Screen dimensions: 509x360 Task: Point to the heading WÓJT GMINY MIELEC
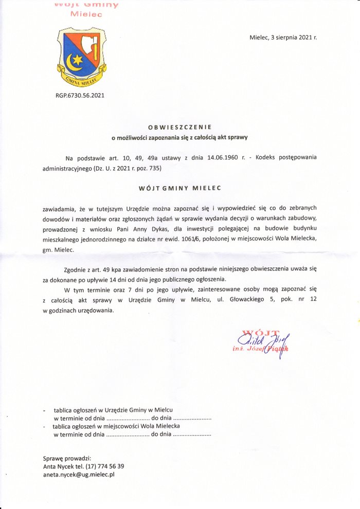pyautogui.click(x=180, y=188)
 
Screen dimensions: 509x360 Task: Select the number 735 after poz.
pyautogui.click(x=161, y=168)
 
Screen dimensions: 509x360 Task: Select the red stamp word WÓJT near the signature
pyautogui.click(x=263, y=332)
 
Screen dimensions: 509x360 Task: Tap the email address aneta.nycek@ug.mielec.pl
pyautogui.click(x=79, y=475)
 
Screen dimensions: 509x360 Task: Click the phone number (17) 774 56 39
pyautogui.click(x=106, y=466)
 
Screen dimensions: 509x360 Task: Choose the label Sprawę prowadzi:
pyautogui.click(x=67, y=458)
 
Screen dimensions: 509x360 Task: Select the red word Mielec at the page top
pyautogui.click(x=86, y=14)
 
